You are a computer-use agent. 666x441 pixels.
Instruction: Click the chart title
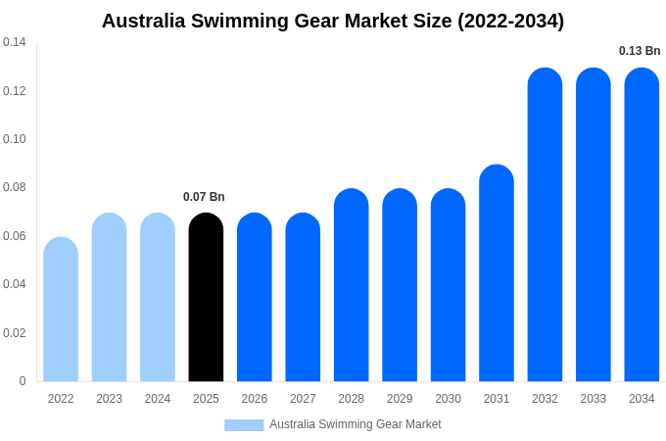pos(333,21)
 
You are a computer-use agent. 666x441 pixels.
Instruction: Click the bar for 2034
pos(642,224)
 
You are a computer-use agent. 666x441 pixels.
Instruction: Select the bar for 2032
pos(545,224)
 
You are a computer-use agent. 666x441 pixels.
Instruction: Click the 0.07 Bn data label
pos(204,197)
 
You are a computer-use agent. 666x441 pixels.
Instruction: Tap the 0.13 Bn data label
pos(640,51)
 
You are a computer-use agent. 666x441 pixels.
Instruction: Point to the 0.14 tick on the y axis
pos(15,42)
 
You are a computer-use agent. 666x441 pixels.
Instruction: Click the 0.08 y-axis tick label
pos(15,187)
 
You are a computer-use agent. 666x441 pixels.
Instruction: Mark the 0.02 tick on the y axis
pos(15,333)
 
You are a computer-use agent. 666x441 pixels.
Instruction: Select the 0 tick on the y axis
pos(23,381)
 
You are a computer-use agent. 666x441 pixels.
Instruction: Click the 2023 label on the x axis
pos(109,399)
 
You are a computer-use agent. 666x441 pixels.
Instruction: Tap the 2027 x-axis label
pos(303,399)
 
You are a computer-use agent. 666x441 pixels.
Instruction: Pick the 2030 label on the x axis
pos(448,399)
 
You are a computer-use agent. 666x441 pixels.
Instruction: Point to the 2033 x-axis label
pos(594,399)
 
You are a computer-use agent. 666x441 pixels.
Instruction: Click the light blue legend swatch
pos(244,425)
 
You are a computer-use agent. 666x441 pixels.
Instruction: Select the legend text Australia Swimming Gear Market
pos(356,424)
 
